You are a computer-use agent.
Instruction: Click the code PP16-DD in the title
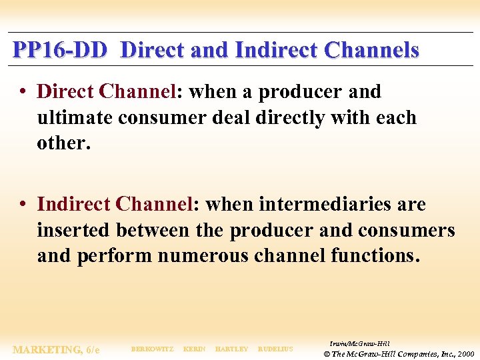pyautogui.click(x=59, y=50)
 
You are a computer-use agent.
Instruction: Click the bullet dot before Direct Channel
pyautogui.click(x=24, y=92)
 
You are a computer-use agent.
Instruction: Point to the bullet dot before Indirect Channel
pyautogui.click(x=24, y=205)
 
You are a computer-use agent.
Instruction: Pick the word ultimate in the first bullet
pyautogui.click(x=74, y=118)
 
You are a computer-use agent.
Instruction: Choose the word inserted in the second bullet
pyautogui.click(x=74, y=231)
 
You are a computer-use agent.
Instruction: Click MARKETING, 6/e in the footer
pyautogui.click(x=56, y=349)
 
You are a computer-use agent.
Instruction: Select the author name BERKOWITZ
pyautogui.click(x=152, y=349)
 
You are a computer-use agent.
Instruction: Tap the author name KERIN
pyautogui.click(x=194, y=349)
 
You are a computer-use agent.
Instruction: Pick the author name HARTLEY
pyautogui.click(x=231, y=349)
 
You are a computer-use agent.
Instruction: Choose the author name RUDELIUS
pyautogui.click(x=275, y=349)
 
